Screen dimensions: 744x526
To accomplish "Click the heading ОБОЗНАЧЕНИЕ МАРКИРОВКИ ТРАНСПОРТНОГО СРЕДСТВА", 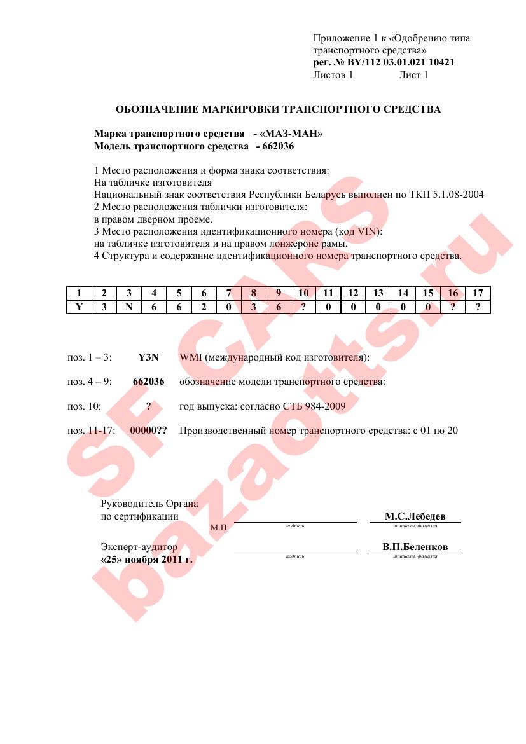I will (278, 109).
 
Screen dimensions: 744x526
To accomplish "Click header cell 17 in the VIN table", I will (478, 293).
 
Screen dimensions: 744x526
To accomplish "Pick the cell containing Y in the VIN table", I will (79, 307).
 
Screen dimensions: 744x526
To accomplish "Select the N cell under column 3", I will (129, 307).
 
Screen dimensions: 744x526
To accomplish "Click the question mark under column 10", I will (303, 307).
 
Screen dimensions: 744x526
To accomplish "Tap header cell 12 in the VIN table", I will (353, 293).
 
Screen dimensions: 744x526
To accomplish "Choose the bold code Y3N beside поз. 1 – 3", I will (148, 357).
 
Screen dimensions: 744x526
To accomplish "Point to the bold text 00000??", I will (148, 431).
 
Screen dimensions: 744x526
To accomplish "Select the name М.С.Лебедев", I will (415, 516).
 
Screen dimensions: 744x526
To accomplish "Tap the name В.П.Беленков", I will (415, 547).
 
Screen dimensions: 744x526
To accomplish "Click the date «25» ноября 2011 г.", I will (146, 560).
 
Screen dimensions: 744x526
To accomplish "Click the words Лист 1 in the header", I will (413, 75).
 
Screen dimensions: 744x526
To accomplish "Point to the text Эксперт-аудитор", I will (139, 548).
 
